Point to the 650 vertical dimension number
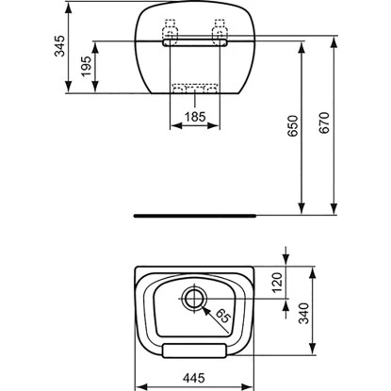point(294,126)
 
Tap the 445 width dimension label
point(193,376)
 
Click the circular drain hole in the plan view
point(194,299)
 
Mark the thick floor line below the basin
point(194,214)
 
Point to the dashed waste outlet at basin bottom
point(194,89)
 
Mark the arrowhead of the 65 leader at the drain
point(201,303)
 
